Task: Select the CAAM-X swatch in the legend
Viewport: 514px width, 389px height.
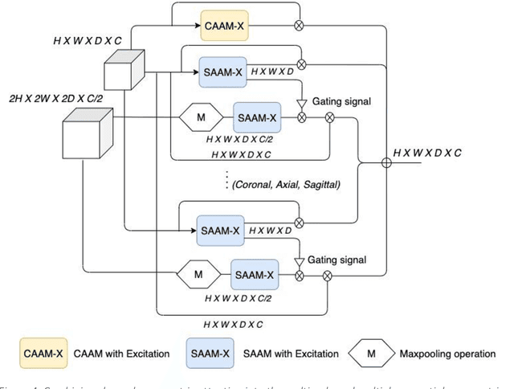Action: point(43,354)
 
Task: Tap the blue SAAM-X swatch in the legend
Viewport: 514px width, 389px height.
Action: point(210,354)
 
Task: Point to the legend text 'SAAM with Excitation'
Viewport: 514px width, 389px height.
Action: point(285,354)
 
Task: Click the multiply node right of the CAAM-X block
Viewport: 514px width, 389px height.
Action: point(301,27)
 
